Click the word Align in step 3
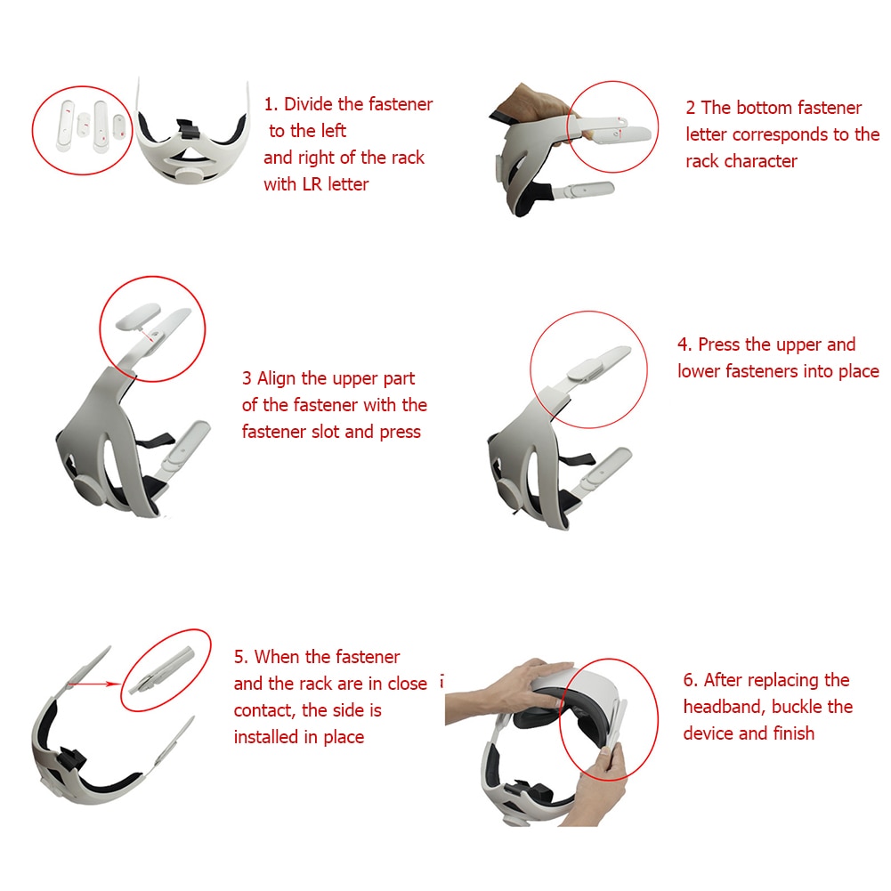click(x=279, y=378)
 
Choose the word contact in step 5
click(x=265, y=710)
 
